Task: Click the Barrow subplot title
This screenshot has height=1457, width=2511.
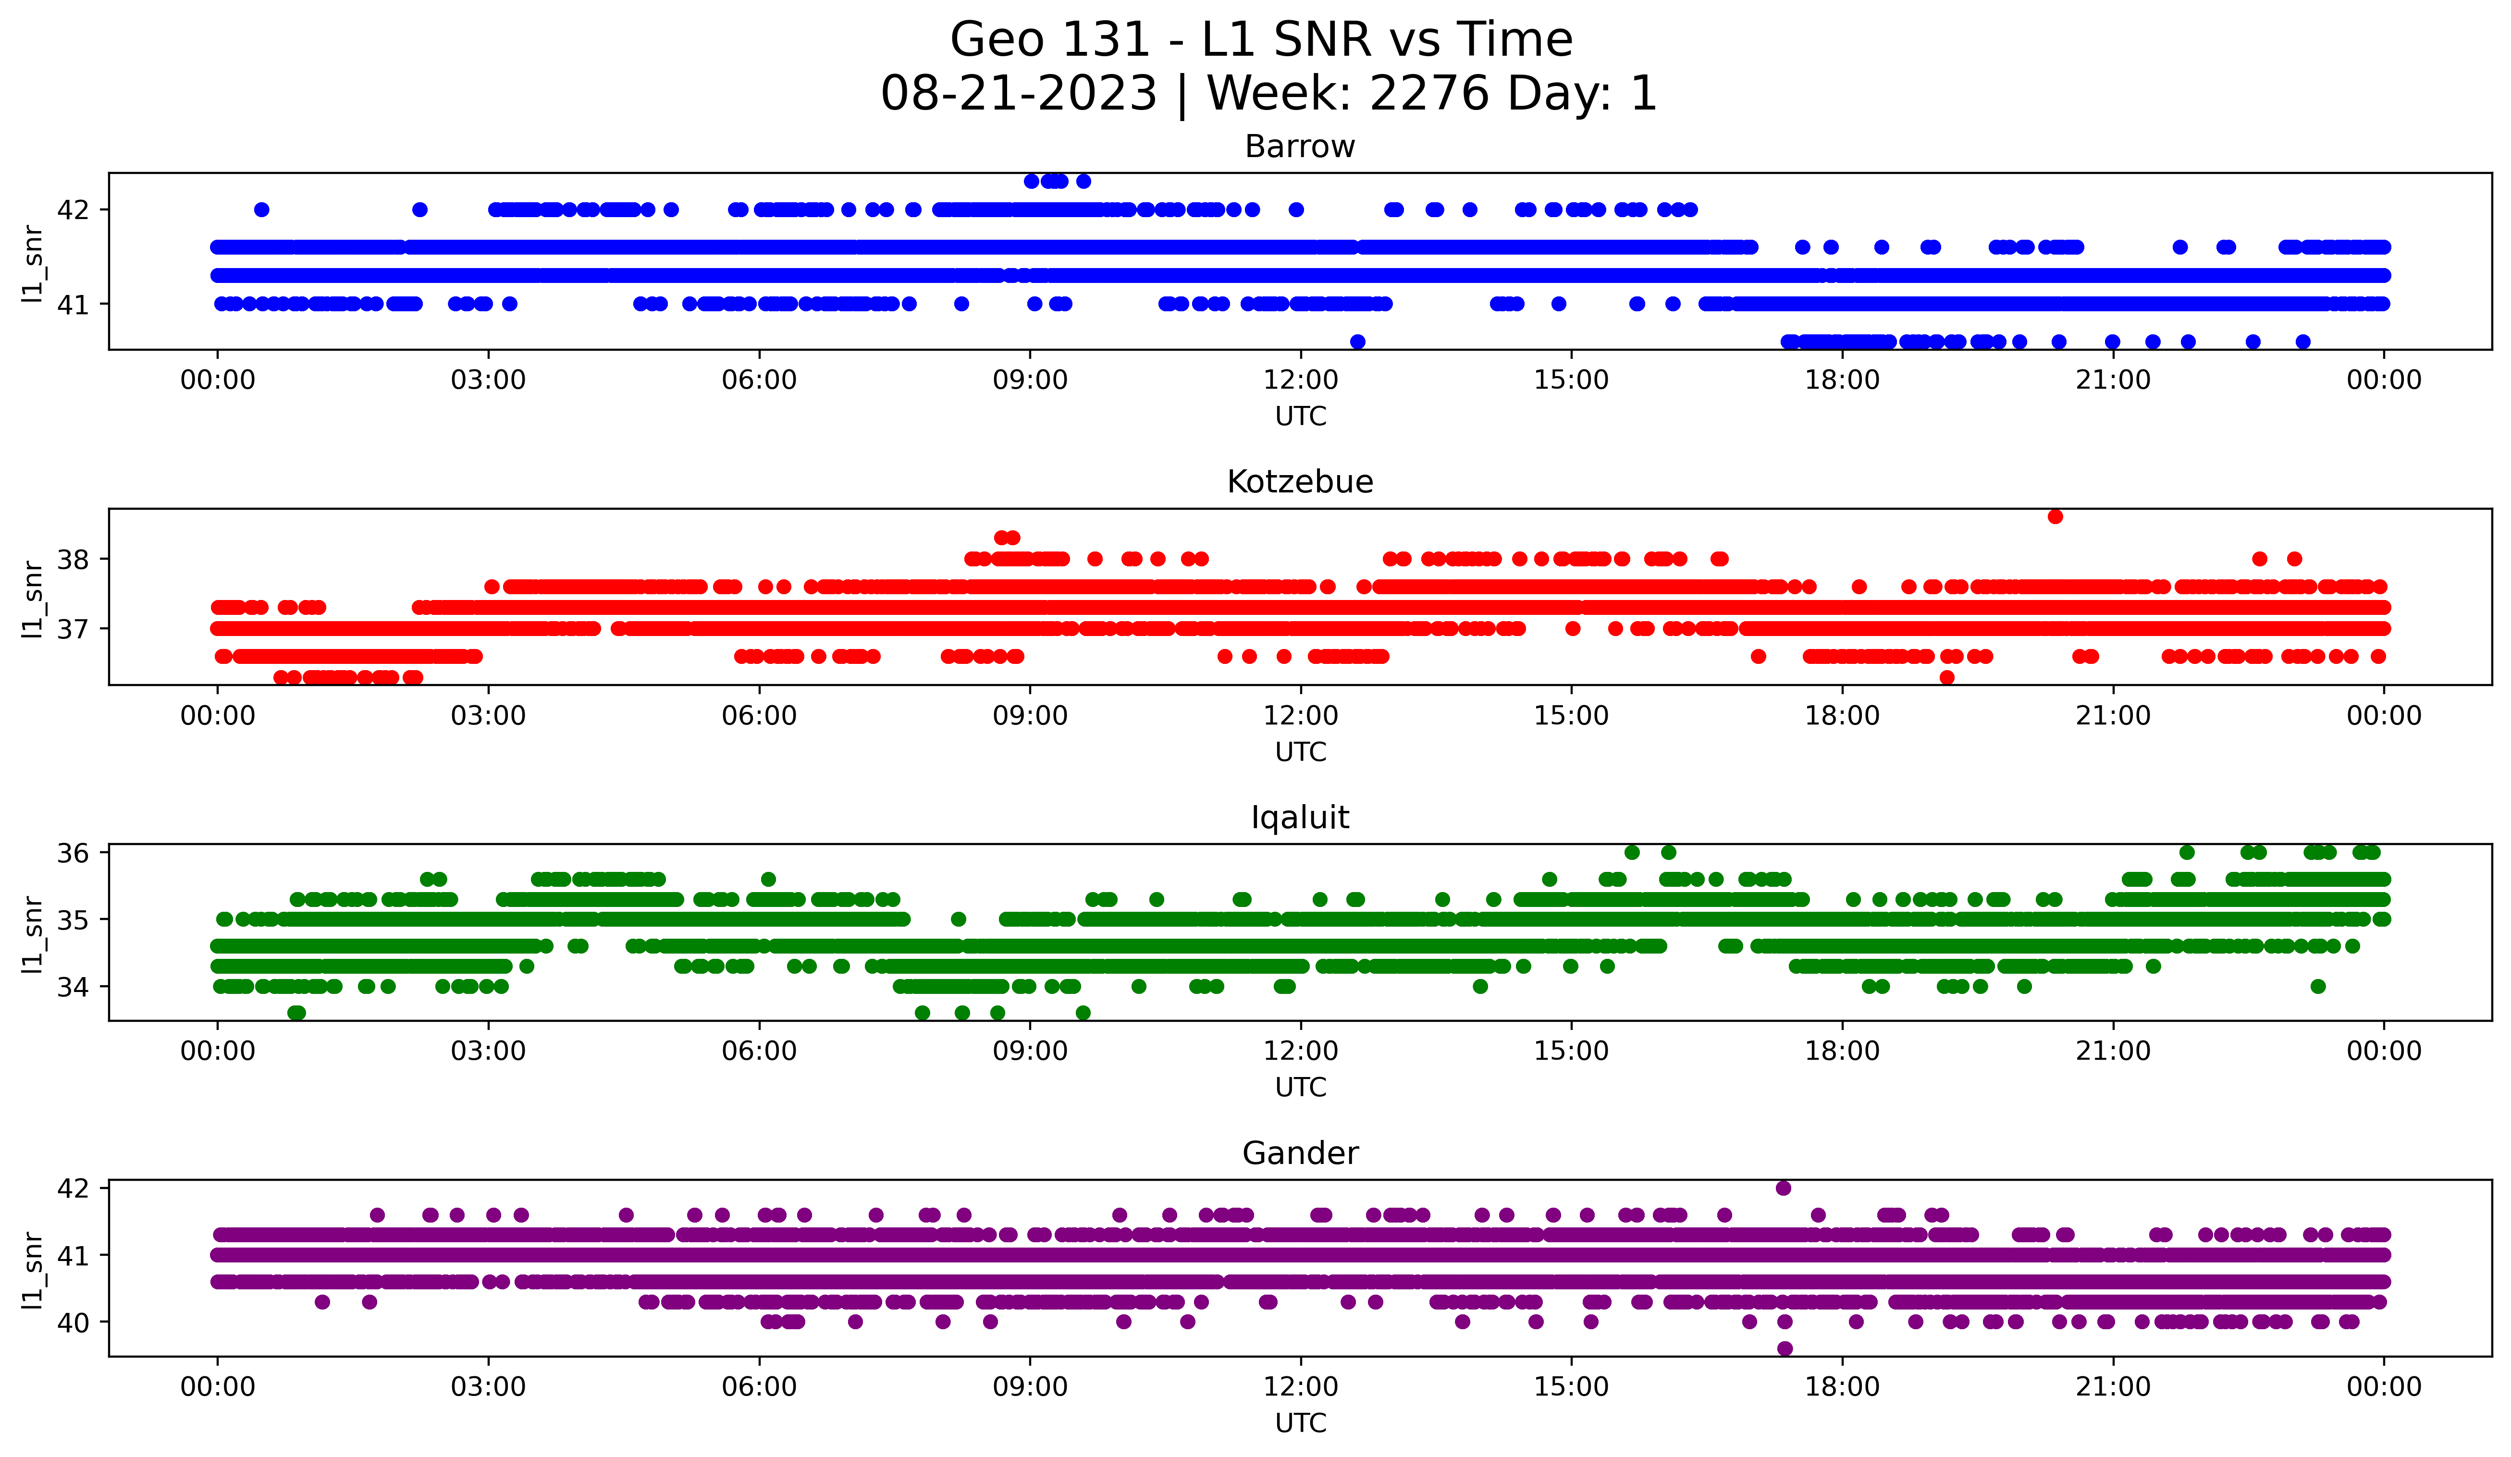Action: (x=1299, y=147)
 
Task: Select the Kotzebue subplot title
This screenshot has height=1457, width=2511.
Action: (x=1299, y=482)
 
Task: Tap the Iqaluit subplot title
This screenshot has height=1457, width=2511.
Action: (x=1299, y=818)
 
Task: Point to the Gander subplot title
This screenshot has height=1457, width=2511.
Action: (x=1299, y=1153)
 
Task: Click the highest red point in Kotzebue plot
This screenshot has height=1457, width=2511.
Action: (x=2055, y=516)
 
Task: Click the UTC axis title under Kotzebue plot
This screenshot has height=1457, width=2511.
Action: (x=1300, y=752)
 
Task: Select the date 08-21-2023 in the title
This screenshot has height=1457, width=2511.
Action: (x=1018, y=94)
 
